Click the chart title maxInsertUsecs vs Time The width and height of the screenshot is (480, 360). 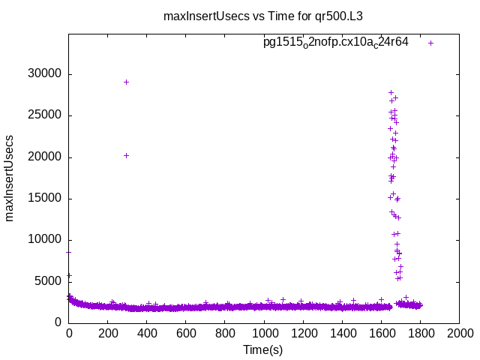point(268,15)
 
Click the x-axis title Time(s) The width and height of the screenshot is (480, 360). point(263,349)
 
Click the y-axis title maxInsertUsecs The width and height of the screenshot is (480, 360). point(10,178)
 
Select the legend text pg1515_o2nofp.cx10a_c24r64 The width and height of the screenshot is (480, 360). point(335,42)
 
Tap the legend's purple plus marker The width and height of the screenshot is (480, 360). point(430,43)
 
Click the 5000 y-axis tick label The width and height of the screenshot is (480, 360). point(47,281)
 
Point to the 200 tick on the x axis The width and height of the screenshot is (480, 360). point(108,334)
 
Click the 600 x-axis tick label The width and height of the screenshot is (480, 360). point(186,334)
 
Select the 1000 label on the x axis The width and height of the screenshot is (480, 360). point(264,334)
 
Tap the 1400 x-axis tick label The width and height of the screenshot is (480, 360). point(342,334)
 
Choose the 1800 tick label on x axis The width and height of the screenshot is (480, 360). point(420,334)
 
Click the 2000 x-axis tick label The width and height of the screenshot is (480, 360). point(459,334)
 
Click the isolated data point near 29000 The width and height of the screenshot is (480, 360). point(126,82)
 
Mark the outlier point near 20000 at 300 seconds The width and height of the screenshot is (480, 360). point(126,155)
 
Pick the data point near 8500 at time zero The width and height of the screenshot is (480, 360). point(69,252)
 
